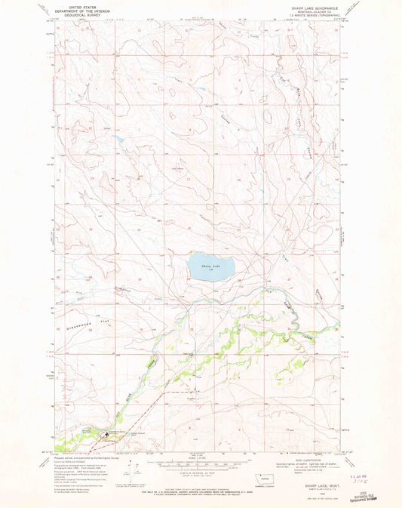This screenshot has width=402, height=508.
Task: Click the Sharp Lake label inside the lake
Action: (210, 266)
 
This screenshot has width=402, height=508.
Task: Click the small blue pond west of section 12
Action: (118, 140)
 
